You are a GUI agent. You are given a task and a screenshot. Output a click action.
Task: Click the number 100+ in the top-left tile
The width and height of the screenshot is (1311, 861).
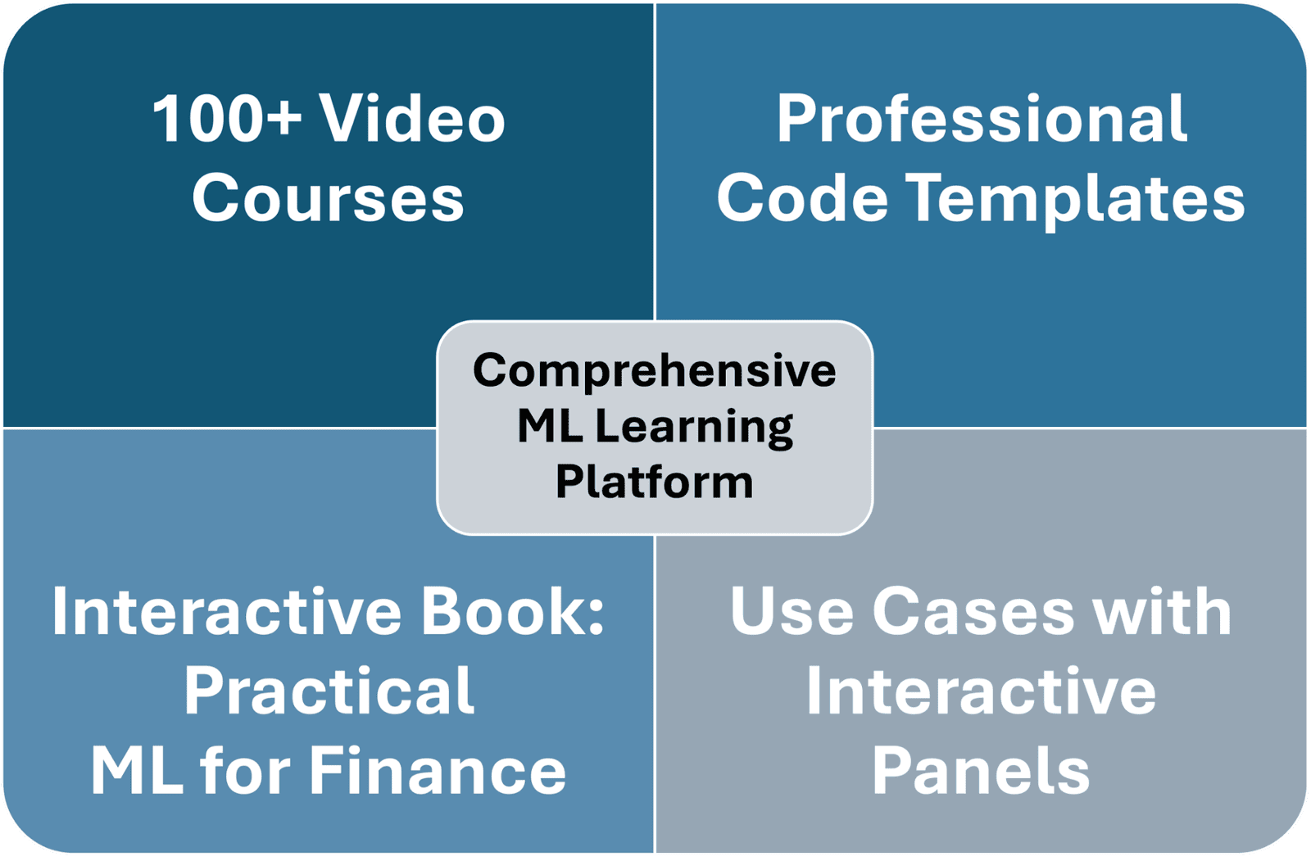(x=227, y=119)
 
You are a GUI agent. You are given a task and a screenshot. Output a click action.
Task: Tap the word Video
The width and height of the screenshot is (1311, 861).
(x=412, y=118)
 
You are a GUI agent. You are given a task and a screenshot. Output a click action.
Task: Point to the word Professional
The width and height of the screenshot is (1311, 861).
(x=982, y=118)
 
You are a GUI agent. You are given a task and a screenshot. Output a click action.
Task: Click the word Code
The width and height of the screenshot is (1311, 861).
(x=802, y=197)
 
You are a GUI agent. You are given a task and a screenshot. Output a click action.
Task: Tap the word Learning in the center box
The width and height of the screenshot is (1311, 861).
(x=694, y=428)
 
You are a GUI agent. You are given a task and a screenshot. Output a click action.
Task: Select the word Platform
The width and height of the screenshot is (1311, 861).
(x=655, y=482)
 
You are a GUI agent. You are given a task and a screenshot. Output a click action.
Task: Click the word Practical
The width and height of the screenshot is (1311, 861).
(x=329, y=691)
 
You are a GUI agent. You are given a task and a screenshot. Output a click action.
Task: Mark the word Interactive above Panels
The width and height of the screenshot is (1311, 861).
(x=981, y=690)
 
